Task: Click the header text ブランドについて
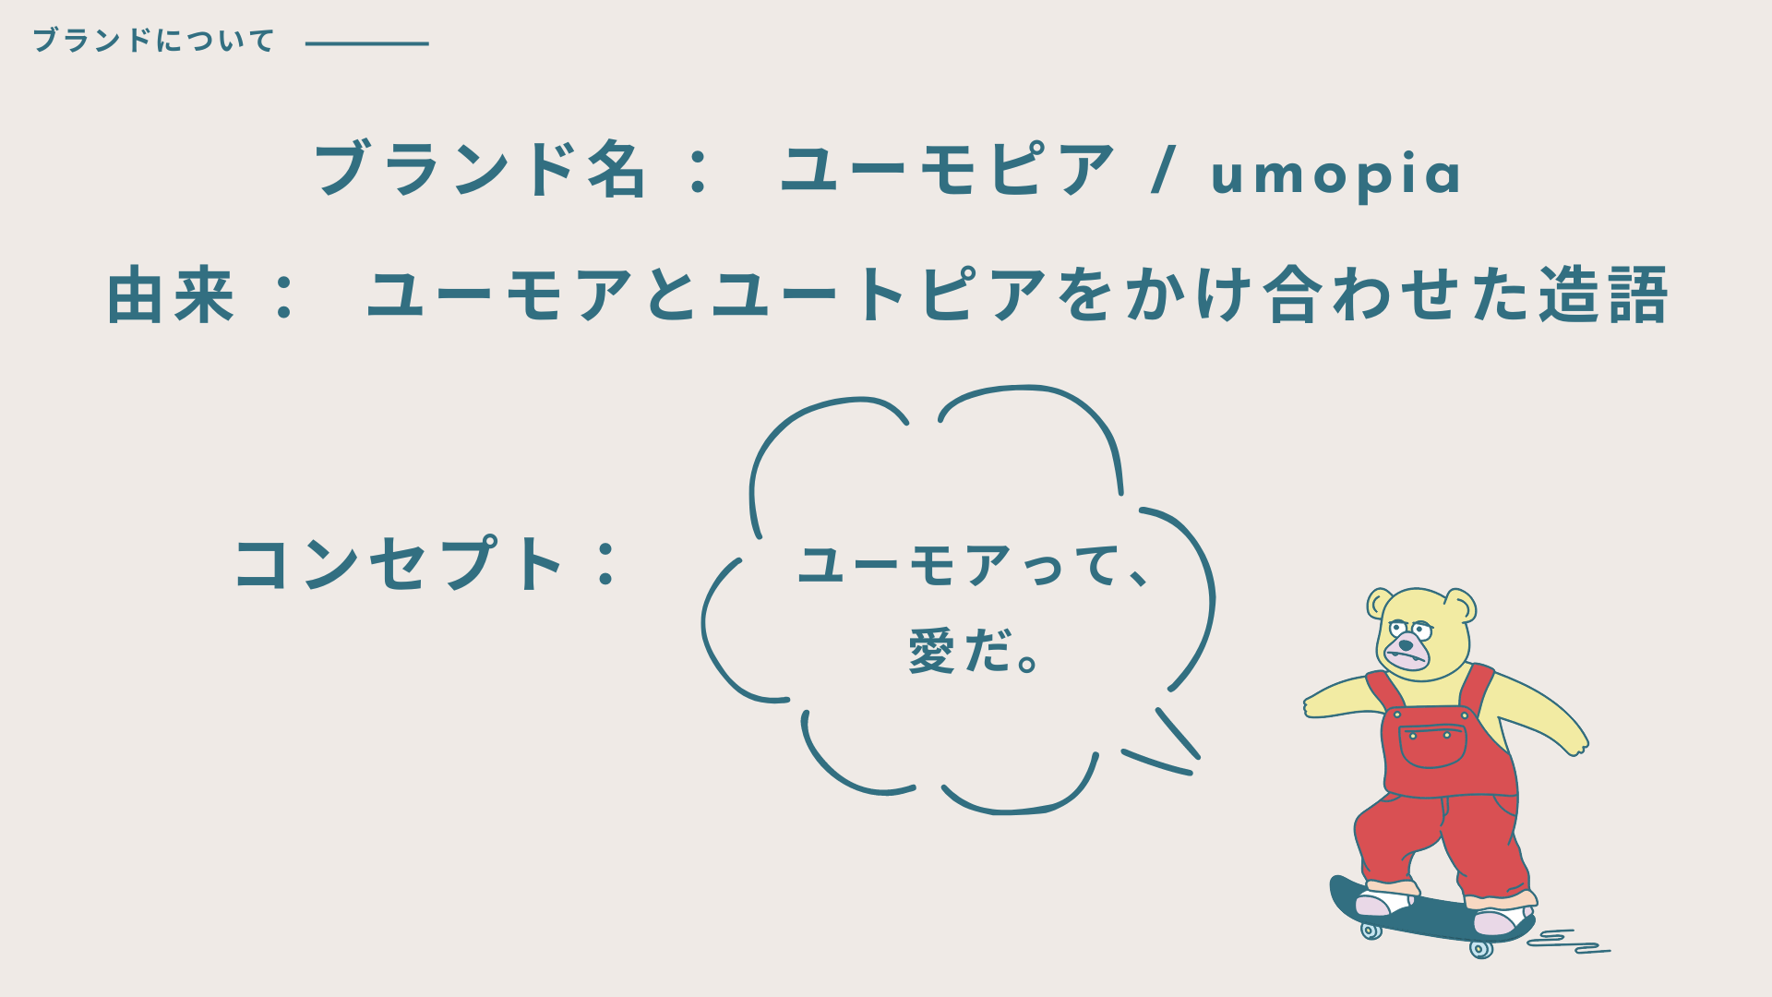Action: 154,41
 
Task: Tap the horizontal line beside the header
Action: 367,43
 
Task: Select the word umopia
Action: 1335,174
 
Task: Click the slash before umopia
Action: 1165,171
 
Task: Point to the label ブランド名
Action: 479,170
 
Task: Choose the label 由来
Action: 171,295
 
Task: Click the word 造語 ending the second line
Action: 1603,295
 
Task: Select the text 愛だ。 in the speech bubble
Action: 975,651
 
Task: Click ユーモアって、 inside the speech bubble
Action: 973,566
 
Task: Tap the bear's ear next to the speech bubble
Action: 1380,604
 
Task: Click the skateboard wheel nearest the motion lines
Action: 1481,948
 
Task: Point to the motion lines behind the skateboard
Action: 1568,942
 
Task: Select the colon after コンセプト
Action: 606,564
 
